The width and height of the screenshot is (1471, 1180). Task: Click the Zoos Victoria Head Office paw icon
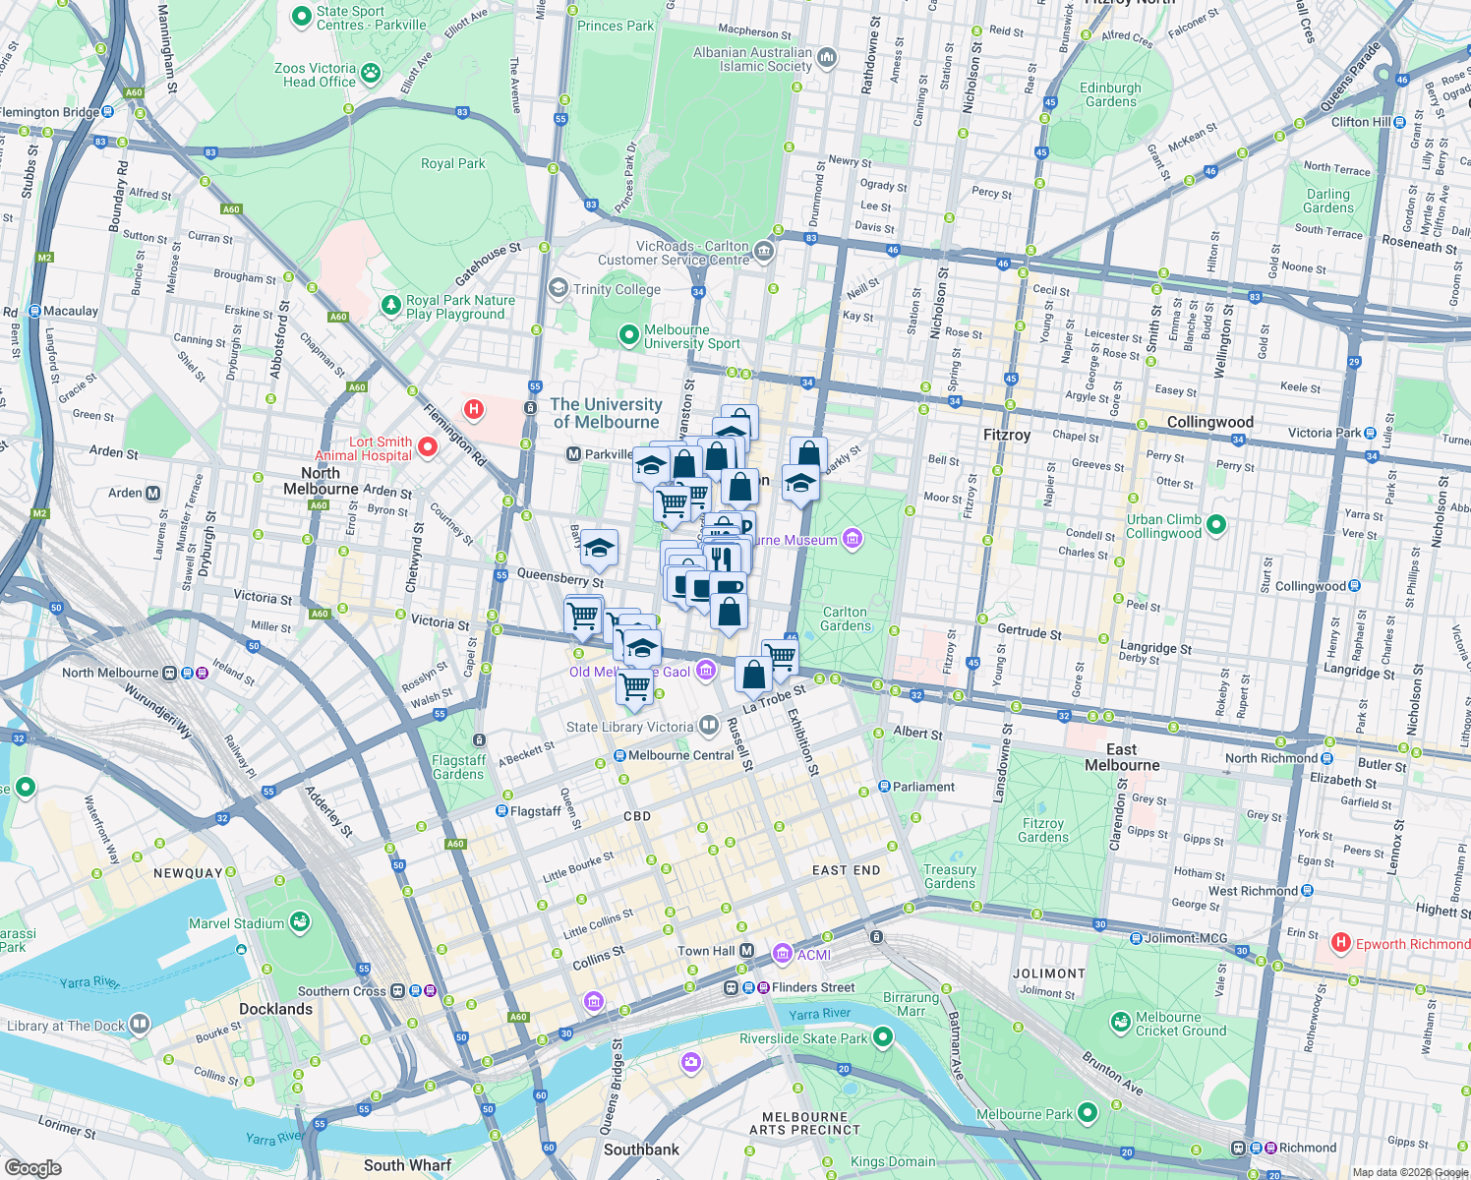(371, 72)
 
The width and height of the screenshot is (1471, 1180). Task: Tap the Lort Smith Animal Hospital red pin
(428, 447)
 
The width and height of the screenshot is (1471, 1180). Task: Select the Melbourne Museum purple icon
(853, 538)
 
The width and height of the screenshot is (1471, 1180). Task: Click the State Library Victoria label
(629, 727)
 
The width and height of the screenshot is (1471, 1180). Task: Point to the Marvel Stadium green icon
(300, 922)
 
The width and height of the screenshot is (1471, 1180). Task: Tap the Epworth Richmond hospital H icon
(1340, 943)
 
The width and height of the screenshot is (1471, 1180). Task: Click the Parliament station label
(923, 787)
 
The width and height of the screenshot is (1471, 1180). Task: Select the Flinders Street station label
(812, 987)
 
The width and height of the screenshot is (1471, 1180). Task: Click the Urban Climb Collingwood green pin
(1216, 524)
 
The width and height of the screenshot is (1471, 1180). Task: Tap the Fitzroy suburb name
(1007, 434)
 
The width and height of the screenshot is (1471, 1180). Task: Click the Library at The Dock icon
(140, 1025)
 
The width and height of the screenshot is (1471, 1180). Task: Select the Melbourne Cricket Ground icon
(1120, 1023)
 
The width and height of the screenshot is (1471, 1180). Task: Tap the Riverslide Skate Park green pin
(883, 1036)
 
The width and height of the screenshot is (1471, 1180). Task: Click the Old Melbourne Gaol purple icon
(705, 671)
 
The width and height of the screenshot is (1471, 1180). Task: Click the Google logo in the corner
(32, 1167)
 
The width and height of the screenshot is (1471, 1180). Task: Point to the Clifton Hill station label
(1361, 122)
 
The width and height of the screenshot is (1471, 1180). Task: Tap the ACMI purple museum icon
(782, 953)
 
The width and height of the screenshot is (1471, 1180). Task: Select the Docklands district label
(275, 1009)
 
